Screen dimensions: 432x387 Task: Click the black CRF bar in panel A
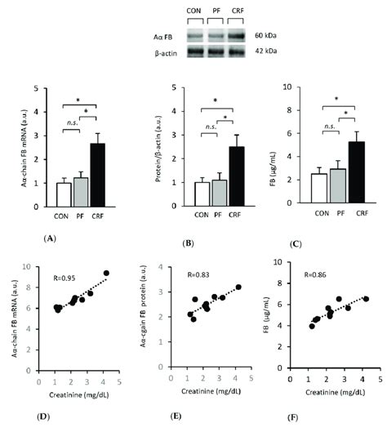click(x=96, y=172)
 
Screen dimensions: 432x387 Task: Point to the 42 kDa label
click(x=264, y=54)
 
